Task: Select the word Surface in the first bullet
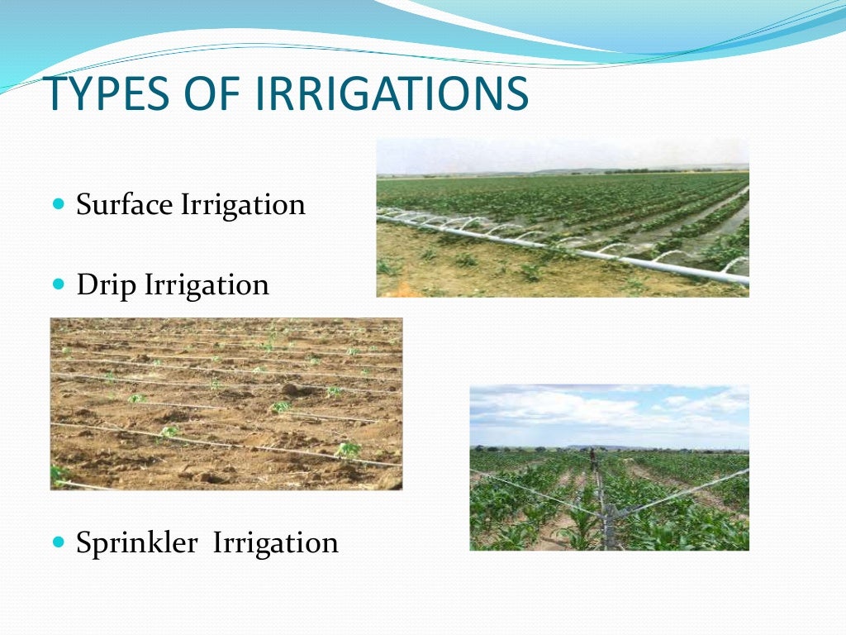[125, 204]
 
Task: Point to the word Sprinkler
[136, 543]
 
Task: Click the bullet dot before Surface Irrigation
[58, 203]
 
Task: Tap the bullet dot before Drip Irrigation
[58, 284]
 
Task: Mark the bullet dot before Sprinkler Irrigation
[58, 542]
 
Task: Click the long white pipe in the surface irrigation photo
[578, 251]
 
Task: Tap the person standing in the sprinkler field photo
[592, 459]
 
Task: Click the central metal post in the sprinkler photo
[609, 521]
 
